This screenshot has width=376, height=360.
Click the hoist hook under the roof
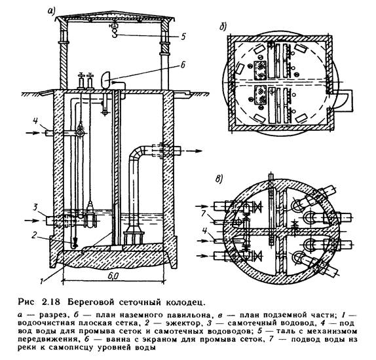pos(115,32)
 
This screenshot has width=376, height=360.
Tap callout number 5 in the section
pos(183,37)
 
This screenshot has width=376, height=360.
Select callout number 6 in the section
pos(183,65)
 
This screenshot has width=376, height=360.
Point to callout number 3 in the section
pos(35,207)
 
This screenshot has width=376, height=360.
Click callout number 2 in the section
pos(34,236)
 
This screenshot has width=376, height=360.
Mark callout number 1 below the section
pos(42,280)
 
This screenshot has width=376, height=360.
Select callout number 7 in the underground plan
pos(204,213)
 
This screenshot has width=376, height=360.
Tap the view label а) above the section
pos(51,10)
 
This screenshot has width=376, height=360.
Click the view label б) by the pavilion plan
pos(223,27)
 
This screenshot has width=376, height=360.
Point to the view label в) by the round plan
pos(219,179)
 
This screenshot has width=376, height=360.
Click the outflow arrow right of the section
pos(192,151)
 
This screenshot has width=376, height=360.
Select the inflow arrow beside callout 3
pos(33,220)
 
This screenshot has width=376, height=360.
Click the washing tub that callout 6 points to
pos(105,81)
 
